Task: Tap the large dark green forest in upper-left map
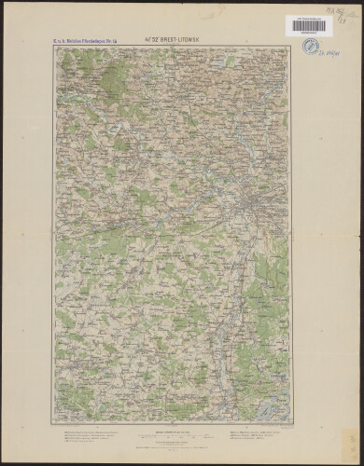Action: tap(112, 79)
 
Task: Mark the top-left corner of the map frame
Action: tap(54, 47)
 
